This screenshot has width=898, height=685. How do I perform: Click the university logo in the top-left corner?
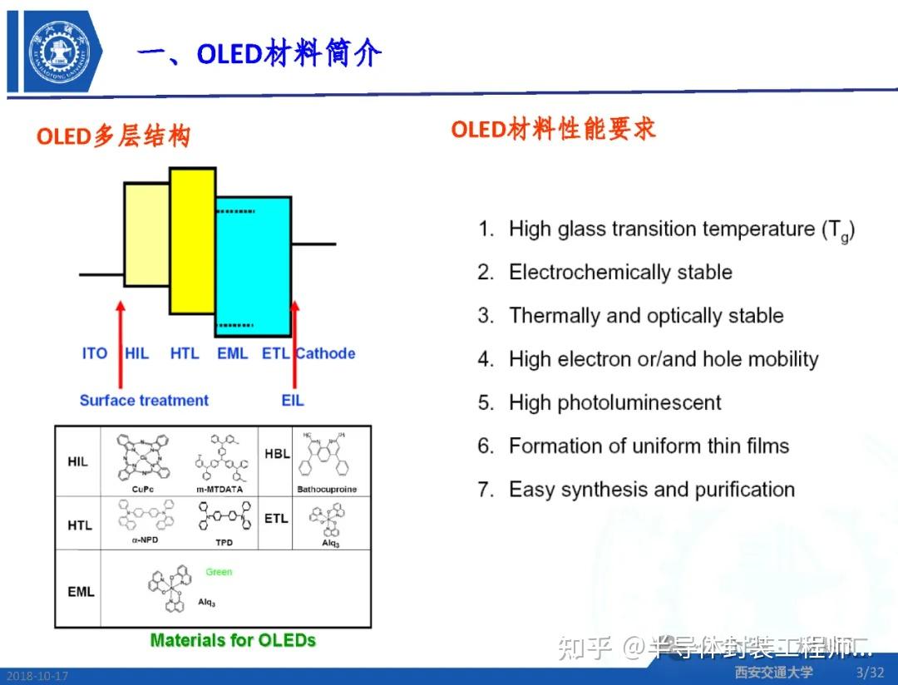pyautogui.click(x=57, y=52)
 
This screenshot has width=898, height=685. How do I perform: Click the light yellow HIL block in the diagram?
pyautogui.click(x=147, y=234)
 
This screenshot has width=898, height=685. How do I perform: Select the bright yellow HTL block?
pyautogui.click(x=193, y=241)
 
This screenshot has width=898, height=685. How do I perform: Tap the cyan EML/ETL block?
pyautogui.click(x=253, y=264)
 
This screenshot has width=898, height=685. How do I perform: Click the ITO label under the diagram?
pyautogui.click(x=95, y=353)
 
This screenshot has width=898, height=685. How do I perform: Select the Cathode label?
pyautogui.click(x=325, y=353)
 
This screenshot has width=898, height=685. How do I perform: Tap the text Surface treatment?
pyautogui.click(x=144, y=400)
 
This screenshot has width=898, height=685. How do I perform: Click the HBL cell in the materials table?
pyautogui.click(x=275, y=454)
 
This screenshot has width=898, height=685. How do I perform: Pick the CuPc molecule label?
pyautogui.click(x=143, y=489)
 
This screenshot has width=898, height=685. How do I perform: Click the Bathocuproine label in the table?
pyautogui.click(x=327, y=490)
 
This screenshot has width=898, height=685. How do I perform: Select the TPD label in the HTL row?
pyautogui.click(x=224, y=543)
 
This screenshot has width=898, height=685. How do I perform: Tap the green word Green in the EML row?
pyautogui.click(x=219, y=572)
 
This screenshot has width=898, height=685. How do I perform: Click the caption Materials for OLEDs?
pyautogui.click(x=233, y=640)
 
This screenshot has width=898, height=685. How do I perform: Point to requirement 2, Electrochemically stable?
pyautogui.click(x=619, y=273)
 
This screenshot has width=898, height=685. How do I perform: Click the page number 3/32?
pyautogui.click(x=870, y=672)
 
